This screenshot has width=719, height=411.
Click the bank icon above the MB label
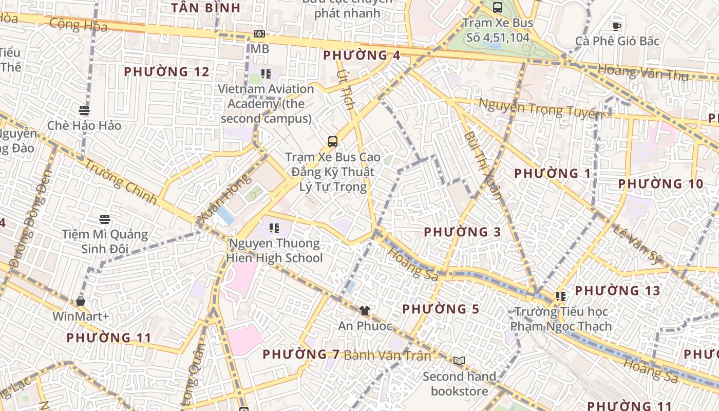[x=259, y=34]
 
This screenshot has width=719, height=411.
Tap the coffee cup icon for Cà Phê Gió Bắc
[x=617, y=26]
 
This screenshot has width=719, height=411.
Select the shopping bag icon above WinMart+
[x=80, y=301]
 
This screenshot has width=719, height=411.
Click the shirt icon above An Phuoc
[x=365, y=310]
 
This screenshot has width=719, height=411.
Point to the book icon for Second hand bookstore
[x=459, y=361]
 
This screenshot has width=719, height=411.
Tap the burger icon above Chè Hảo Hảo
[x=84, y=110]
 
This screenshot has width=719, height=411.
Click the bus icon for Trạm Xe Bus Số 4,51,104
[x=497, y=7]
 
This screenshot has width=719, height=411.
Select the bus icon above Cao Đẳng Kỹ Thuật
[x=333, y=141]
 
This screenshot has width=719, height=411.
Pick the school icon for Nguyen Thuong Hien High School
[x=274, y=228]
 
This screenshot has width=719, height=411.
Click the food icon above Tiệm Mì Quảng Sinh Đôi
[x=105, y=219]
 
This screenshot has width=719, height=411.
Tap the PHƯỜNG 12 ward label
[x=167, y=72]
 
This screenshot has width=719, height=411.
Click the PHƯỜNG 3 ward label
[x=462, y=232]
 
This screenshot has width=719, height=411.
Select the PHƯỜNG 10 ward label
[x=660, y=184]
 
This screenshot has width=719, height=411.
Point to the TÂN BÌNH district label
[x=205, y=8]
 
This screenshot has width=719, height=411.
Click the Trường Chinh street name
[x=120, y=182]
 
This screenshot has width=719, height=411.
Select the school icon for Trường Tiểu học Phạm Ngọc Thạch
[x=560, y=296]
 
